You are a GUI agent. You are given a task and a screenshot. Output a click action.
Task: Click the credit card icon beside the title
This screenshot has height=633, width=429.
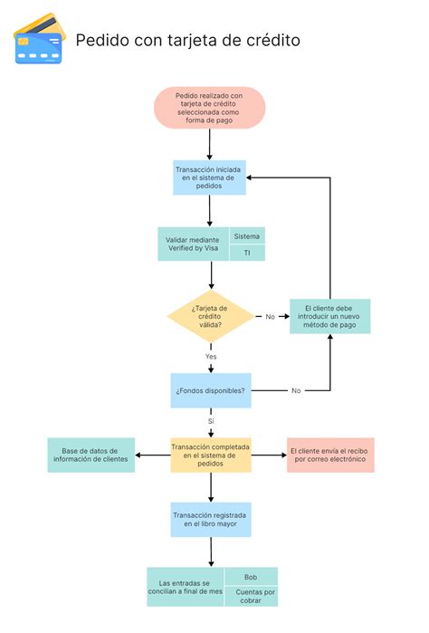click(38, 40)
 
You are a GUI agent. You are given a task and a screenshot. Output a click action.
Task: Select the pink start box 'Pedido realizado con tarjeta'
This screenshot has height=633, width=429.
click(209, 108)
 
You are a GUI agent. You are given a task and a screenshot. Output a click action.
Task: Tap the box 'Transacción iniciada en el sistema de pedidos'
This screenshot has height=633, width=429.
click(209, 177)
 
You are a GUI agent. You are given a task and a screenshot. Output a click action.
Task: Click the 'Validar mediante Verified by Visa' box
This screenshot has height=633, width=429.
click(194, 244)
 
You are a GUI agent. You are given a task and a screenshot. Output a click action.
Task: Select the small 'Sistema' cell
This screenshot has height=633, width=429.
click(247, 235)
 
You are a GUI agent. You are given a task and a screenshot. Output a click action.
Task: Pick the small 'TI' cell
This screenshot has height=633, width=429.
click(247, 254)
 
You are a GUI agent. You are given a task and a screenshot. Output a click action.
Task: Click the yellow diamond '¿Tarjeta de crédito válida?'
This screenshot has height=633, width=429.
click(210, 317)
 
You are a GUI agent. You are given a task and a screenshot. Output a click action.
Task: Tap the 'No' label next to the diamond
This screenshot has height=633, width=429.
click(270, 317)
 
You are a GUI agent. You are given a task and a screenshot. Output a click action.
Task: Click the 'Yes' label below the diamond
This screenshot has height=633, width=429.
click(211, 357)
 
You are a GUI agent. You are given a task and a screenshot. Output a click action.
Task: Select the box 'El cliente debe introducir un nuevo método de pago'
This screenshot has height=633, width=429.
click(330, 317)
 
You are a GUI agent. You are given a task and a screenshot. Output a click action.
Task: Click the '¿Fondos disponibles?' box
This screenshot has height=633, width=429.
click(210, 390)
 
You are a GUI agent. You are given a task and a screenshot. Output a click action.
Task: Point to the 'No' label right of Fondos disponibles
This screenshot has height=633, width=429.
click(296, 390)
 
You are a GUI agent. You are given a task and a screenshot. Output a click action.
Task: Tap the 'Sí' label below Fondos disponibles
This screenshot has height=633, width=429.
click(211, 422)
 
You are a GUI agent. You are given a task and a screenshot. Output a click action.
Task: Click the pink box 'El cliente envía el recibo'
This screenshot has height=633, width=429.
click(330, 454)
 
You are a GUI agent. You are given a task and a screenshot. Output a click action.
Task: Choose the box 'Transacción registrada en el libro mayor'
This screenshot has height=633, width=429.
click(210, 520)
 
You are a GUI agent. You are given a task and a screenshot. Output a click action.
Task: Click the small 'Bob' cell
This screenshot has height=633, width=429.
click(251, 576)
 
